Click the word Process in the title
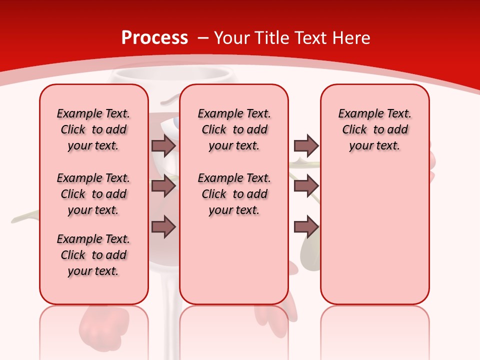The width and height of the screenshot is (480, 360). pos(154,37)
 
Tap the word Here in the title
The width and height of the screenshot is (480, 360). pos(351,37)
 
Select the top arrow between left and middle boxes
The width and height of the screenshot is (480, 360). pos(163,145)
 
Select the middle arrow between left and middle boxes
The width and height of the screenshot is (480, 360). pos(163,186)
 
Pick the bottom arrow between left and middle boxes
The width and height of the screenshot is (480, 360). pos(163,226)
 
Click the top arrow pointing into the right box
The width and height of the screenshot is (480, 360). pos(306,145)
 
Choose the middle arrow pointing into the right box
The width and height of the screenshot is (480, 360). pos(306,186)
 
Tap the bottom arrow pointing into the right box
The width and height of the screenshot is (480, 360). pos(306,226)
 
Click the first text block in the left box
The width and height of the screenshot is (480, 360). pos(93,129)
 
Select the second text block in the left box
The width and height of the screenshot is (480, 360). pos(93,194)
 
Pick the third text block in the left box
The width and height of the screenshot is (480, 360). pos(93,255)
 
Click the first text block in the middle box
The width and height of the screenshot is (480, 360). pos(234,129)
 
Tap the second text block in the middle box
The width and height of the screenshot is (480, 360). pos(234,194)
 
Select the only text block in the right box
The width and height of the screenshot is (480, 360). pos(374,129)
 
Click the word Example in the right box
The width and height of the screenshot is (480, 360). pos(359,114)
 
